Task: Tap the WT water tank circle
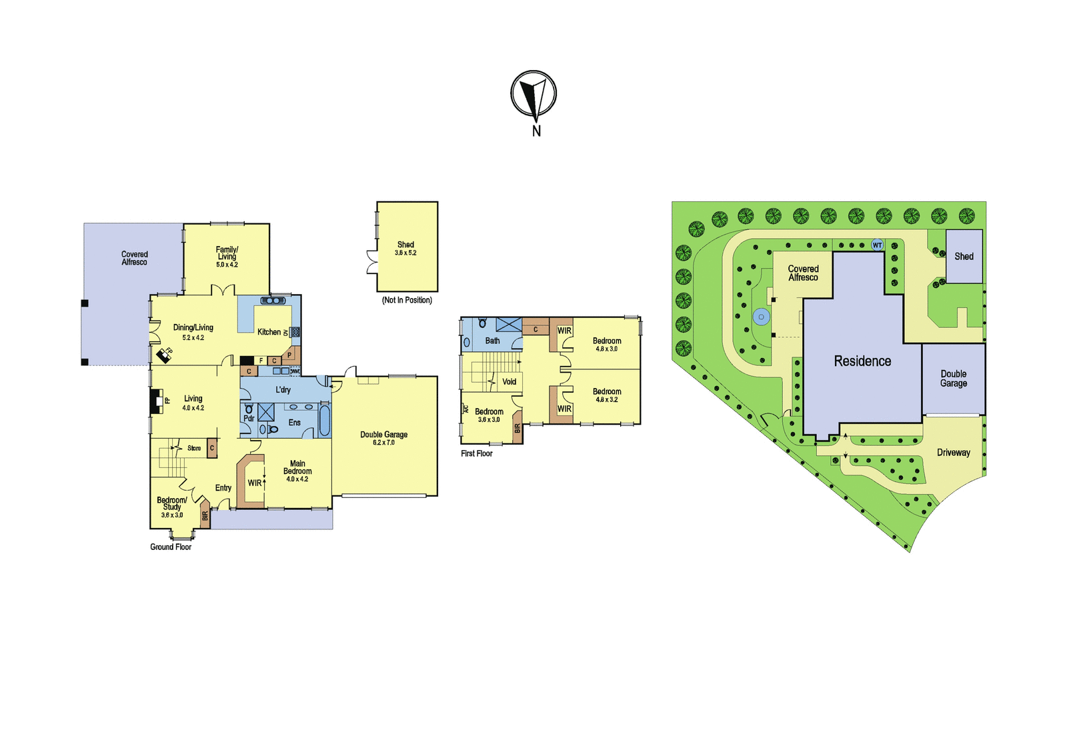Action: [x=877, y=245]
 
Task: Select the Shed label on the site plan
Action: [x=964, y=256]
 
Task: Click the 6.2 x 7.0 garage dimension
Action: [x=384, y=443]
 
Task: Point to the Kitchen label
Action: [x=269, y=332]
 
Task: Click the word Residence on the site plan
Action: [x=862, y=361]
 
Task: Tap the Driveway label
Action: [x=953, y=453]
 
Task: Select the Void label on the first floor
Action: [x=509, y=381]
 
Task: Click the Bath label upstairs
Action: [x=493, y=341]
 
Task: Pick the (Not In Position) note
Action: [x=407, y=300]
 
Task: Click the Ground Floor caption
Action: [x=171, y=547]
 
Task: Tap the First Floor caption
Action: [x=476, y=453]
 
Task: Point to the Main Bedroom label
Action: [x=297, y=467]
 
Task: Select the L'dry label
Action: [x=283, y=389]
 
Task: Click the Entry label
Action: [x=223, y=488]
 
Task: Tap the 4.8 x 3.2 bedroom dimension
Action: [x=607, y=399]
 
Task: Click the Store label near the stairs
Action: [x=194, y=448]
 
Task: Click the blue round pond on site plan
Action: [x=761, y=317]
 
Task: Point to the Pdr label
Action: [x=249, y=418]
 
